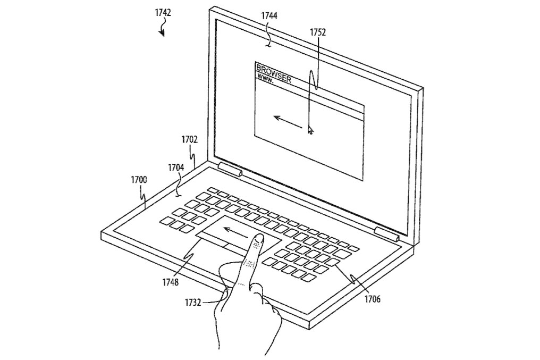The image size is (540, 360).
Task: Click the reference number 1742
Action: coord(163,13)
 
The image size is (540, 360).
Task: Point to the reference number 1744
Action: coord(269,15)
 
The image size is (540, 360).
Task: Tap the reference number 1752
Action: coord(317,32)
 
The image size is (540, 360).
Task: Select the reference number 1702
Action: coord(189,139)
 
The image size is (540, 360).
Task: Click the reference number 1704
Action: coord(176,168)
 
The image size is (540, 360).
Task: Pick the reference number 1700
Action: coord(139,180)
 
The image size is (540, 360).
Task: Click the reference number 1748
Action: coord(171,282)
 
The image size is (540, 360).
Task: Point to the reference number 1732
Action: coord(193,303)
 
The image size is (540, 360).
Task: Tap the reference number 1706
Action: coord(373,299)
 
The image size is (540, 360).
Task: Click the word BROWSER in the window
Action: coord(274,73)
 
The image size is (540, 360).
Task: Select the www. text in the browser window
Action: coord(265,78)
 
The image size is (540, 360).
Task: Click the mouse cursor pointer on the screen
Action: coord(310,130)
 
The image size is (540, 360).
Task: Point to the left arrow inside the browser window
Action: coord(288,122)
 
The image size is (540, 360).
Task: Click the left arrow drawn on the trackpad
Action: coord(235,232)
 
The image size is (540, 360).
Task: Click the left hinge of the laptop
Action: coord(230,169)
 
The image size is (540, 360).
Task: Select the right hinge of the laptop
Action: coord(387,233)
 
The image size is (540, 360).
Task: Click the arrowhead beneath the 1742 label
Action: coord(162,33)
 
